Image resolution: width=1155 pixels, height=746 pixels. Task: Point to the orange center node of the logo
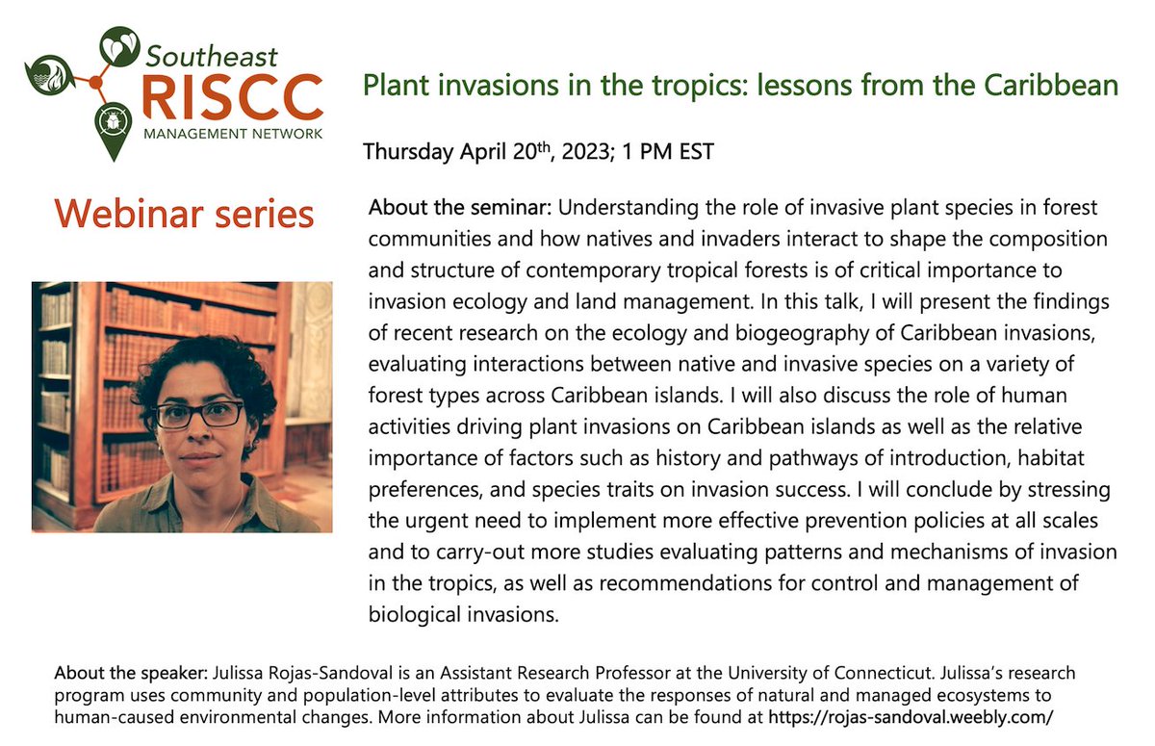coord(95,83)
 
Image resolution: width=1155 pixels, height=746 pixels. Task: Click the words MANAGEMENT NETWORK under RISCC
coord(232,133)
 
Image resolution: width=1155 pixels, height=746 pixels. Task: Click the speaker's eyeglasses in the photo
coord(198,415)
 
